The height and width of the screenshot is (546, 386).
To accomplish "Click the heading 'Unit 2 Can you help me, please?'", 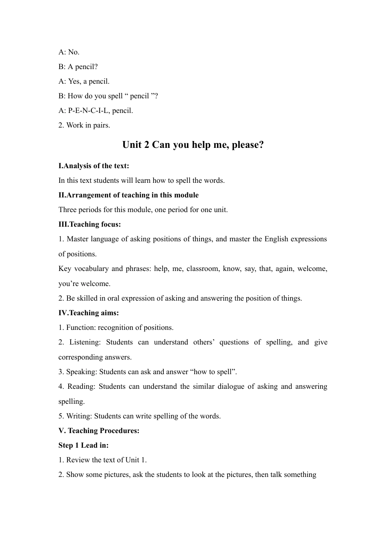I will click(x=193, y=145).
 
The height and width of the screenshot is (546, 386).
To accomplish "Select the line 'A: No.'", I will click(x=69, y=52).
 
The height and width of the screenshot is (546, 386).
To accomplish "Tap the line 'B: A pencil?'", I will click(x=78, y=67).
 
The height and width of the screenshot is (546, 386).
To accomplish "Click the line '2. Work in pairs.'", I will click(x=84, y=125).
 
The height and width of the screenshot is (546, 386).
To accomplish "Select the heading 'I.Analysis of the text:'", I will click(x=94, y=166).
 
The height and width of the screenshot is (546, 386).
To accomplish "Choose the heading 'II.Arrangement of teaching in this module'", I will click(x=128, y=195).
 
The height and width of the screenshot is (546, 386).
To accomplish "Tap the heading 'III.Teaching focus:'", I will click(x=90, y=224).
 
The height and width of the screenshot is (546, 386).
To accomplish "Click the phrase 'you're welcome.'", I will click(x=85, y=284).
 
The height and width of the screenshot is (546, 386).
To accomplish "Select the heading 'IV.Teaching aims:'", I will click(x=89, y=313).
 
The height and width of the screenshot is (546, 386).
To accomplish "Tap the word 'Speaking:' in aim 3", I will click(x=82, y=372).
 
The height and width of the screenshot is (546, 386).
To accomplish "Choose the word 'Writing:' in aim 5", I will click(x=79, y=416).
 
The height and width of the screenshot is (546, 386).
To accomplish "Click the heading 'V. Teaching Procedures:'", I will click(x=99, y=431).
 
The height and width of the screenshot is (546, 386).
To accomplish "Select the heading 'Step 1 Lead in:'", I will click(x=84, y=445).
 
